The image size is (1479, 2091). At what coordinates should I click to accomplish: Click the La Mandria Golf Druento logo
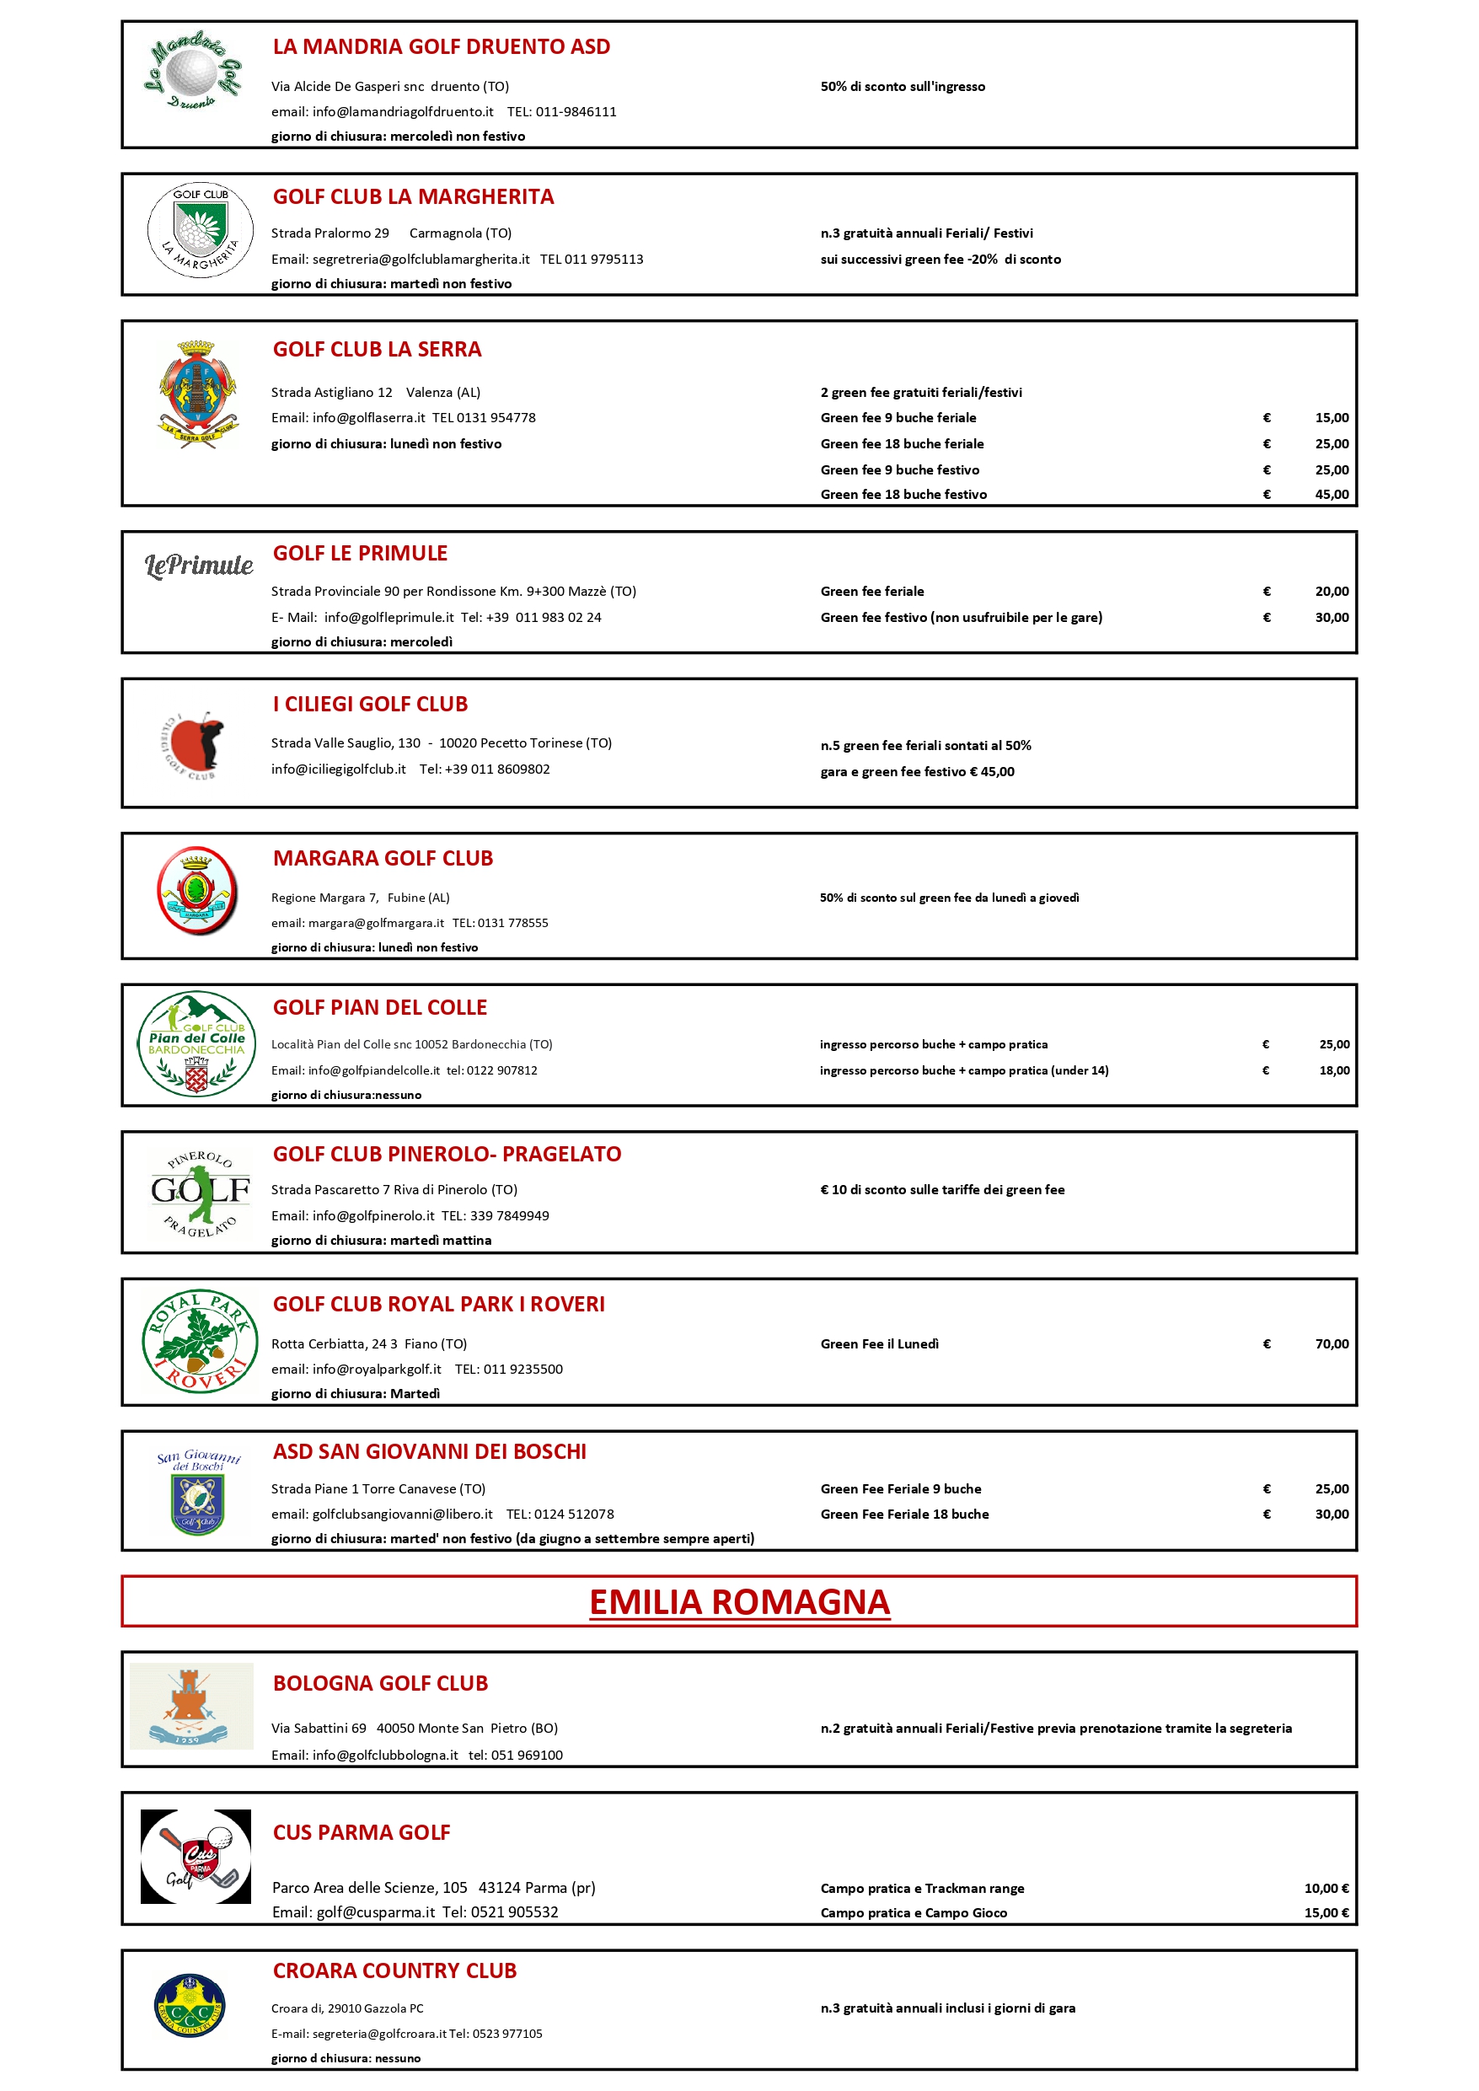193,72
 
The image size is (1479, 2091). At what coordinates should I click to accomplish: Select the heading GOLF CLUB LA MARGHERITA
414,196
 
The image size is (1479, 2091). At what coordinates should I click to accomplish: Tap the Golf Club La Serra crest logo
196,393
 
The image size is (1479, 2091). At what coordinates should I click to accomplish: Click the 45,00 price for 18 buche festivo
1332,495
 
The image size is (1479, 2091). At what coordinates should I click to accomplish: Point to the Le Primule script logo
199,566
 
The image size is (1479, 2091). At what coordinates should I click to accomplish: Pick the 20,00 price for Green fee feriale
1332,591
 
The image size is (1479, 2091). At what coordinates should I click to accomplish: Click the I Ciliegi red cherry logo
196,744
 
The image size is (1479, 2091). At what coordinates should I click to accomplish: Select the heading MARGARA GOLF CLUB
383,858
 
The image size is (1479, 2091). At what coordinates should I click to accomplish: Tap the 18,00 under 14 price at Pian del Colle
1334,1070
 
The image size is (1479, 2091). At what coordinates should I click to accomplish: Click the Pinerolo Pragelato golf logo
200,1192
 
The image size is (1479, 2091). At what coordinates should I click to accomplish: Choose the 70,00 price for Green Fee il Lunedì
1332,1343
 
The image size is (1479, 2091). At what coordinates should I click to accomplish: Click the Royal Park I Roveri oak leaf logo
196,1341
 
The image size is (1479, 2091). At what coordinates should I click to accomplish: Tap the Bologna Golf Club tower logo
191,1706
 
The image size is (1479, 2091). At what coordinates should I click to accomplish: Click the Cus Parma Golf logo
196,1856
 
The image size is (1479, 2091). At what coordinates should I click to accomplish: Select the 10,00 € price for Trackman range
1326,1888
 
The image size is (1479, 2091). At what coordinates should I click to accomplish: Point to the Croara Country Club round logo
190,2005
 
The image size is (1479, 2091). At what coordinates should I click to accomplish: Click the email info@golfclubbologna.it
385,1755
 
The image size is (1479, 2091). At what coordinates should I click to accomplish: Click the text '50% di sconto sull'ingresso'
903,87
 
